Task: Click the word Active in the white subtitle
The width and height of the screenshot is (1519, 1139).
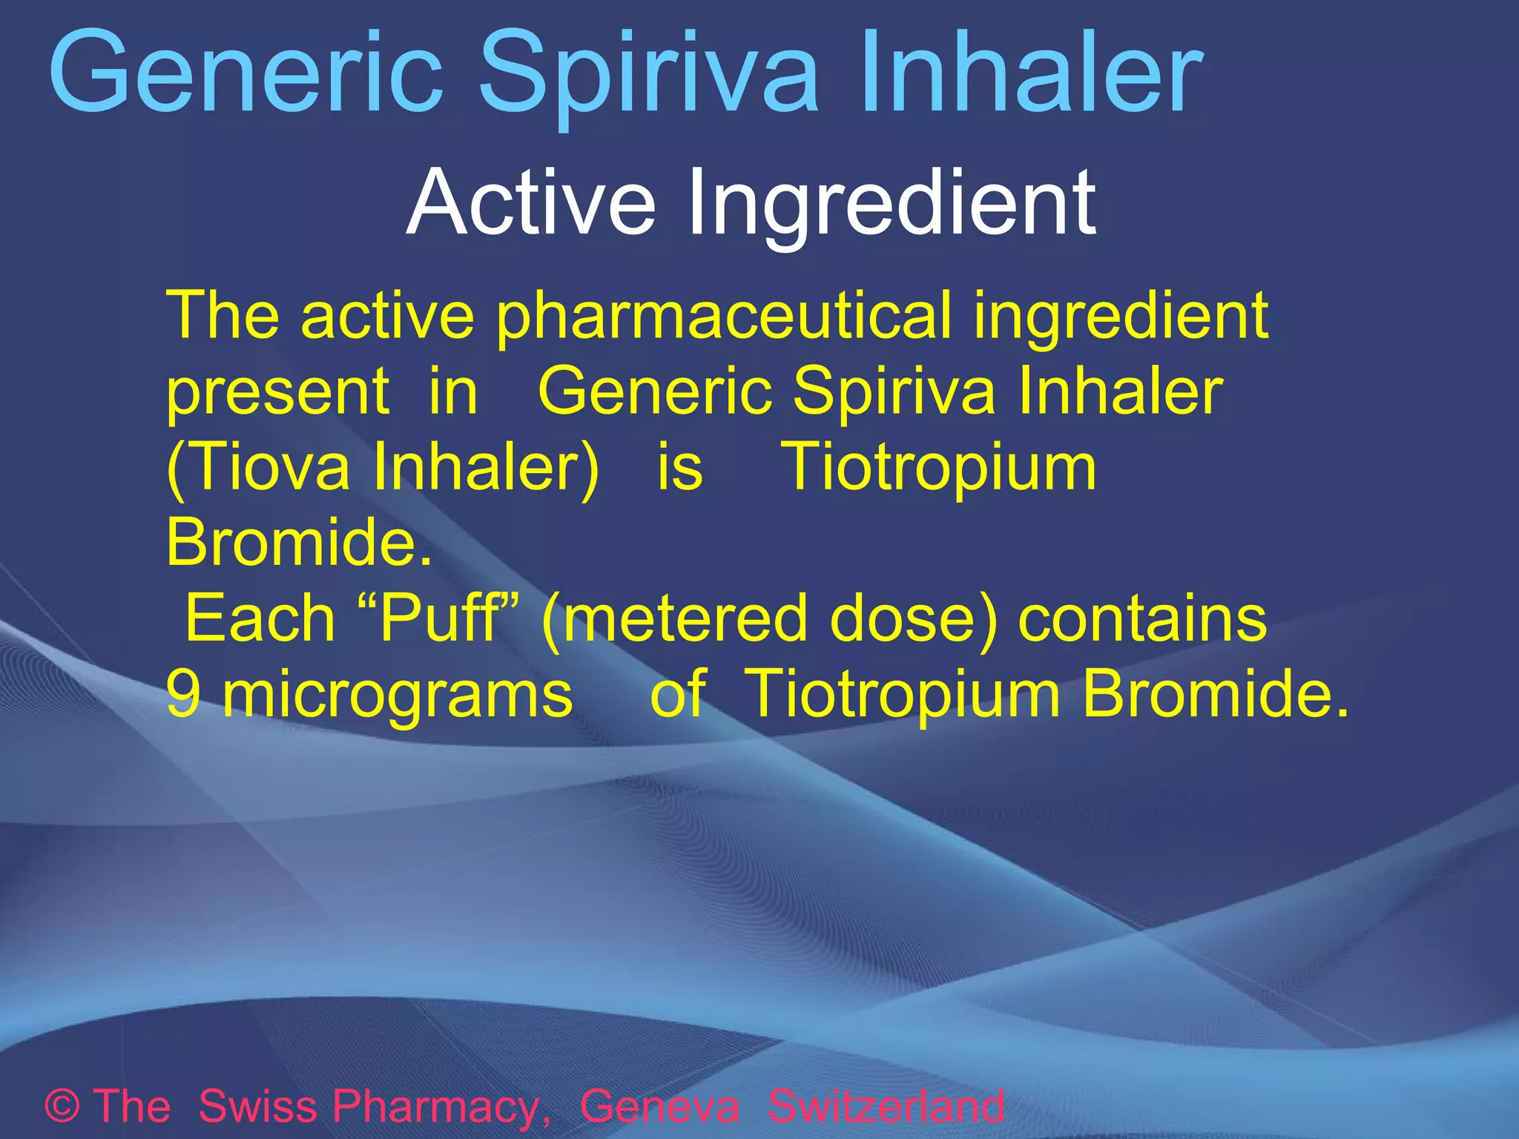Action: click(531, 202)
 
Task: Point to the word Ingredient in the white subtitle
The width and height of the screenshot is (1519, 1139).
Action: click(891, 204)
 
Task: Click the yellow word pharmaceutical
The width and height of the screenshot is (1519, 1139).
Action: click(723, 317)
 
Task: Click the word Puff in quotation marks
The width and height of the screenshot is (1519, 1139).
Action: click(438, 618)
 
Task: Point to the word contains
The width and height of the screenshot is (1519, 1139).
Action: click(1142, 618)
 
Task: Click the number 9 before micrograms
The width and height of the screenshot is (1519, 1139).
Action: click(182, 694)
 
